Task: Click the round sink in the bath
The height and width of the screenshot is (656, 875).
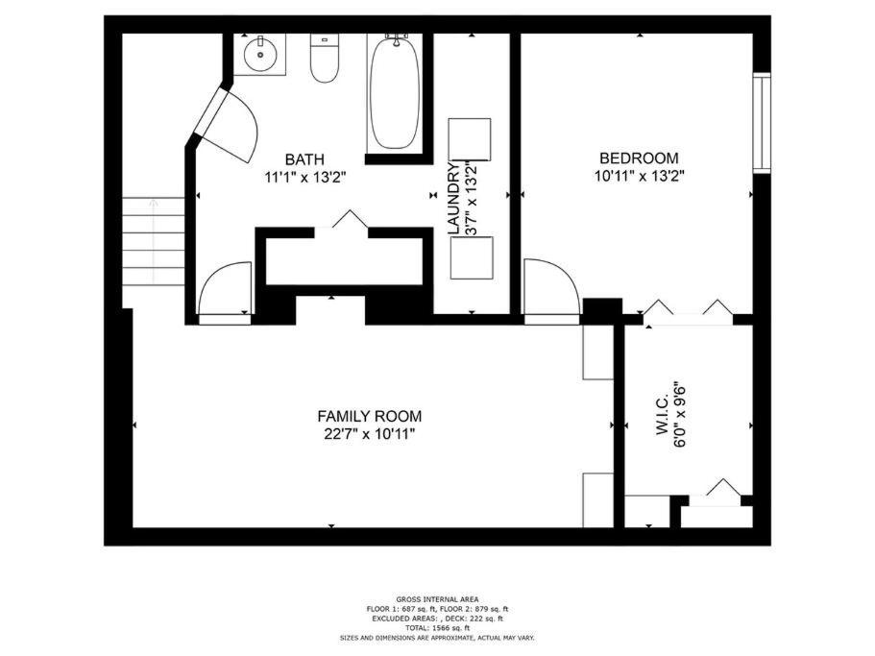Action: click(260, 55)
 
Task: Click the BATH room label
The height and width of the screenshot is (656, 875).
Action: click(304, 159)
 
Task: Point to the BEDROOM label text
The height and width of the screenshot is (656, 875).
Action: click(639, 158)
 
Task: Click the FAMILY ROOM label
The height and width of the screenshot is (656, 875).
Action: click(370, 416)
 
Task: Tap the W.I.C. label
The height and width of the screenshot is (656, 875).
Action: click(663, 415)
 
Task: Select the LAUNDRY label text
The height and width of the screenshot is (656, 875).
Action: click(455, 199)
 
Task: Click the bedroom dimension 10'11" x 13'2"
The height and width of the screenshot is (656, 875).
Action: click(640, 177)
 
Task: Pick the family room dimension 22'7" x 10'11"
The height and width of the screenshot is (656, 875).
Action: click(370, 434)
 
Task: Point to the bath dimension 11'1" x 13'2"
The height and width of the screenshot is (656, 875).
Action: click(305, 178)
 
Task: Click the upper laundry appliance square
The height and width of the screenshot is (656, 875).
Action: click(471, 139)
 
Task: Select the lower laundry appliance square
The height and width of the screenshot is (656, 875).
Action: click(473, 257)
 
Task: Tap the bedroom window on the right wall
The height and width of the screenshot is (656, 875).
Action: click(762, 123)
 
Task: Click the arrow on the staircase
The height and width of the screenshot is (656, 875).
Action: click(154, 242)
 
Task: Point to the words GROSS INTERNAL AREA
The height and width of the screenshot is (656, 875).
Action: click(437, 599)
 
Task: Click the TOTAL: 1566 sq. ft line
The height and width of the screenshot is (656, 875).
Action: click(437, 628)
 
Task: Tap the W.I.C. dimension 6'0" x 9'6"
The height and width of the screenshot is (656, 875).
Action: click(680, 415)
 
